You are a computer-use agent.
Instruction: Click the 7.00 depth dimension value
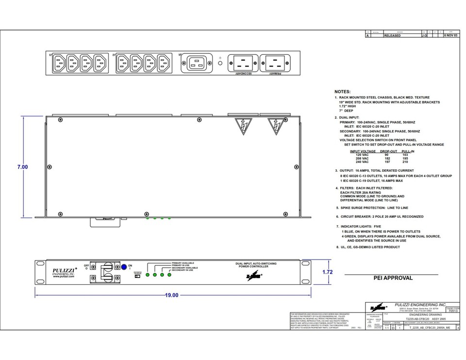(22, 167)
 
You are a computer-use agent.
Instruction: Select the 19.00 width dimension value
(172, 295)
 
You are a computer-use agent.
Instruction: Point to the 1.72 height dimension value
(328, 272)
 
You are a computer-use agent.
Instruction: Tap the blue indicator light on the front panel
(124, 266)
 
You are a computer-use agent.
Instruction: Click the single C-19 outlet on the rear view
(197, 63)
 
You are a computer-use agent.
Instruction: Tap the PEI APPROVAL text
(393, 278)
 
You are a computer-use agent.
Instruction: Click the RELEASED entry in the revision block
(392, 36)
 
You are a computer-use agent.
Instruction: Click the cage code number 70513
(452, 311)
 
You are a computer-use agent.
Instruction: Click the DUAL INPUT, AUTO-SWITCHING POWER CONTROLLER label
(256, 265)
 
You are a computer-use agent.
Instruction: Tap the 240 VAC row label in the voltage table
(362, 162)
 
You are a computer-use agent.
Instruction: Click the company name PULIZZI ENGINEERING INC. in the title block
(420, 304)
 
